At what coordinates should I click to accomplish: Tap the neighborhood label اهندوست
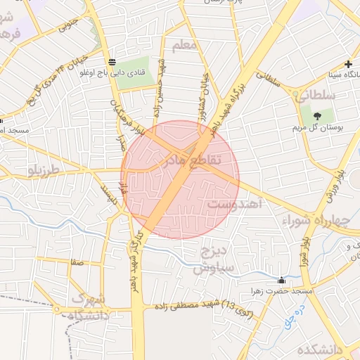tap(235, 204)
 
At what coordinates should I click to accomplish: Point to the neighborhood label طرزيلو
tap(46, 171)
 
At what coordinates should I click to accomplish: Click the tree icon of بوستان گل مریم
tap(316, 115)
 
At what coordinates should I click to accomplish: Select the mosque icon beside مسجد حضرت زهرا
tap(282, 280)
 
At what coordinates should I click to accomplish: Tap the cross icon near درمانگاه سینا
tap(347, 63)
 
